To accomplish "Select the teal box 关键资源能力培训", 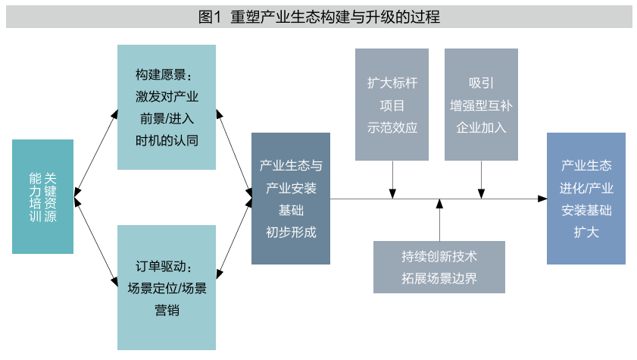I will click(43, 196).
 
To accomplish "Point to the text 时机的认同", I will click(167, 140).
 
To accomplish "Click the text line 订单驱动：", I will click(167, 267).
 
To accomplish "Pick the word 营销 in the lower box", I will click(167, 309).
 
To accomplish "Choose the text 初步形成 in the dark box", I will click(291, 232).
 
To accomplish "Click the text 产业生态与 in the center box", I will click(291, 165).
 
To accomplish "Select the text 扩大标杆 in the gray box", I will click(392, 83).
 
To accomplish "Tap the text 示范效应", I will click(392, 127).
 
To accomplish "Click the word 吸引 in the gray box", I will click(481, 83).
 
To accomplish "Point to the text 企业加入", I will click(481, 127).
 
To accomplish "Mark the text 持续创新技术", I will click(439, 256).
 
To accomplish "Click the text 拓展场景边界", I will click(439, 277).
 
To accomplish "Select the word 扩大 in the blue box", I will click(586, 232).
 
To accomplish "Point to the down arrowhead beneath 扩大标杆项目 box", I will click(392, 194).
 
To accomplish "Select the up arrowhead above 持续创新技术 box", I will click(439, 204).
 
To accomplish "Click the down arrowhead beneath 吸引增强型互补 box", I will click(482, 194).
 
